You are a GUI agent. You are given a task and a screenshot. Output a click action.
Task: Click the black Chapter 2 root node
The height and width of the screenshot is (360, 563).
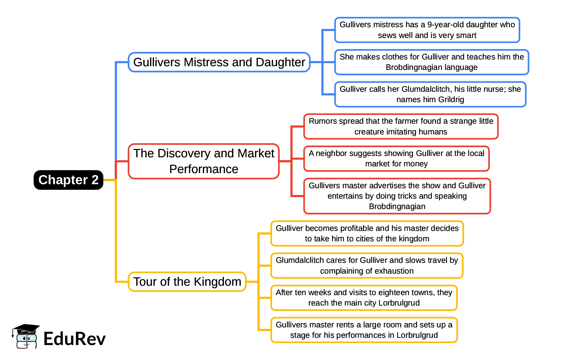coord(68,180)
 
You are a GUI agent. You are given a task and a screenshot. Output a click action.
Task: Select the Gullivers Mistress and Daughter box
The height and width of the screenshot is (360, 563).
coord(219,62)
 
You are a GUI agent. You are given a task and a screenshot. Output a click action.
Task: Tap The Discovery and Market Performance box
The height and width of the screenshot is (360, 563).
coord(203,161)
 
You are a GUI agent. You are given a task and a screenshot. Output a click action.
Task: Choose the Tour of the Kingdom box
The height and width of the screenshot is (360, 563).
coord(187,282)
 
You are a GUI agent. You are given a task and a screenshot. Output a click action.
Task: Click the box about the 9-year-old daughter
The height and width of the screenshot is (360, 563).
coord(427,30)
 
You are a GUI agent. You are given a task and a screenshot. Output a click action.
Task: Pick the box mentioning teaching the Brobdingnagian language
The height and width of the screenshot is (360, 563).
coord(431,62)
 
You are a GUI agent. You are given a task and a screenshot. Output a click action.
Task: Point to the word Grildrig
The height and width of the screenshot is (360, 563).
coord(451,99)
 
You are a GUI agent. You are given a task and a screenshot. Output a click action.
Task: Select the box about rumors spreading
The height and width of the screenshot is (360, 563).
coord(401,126)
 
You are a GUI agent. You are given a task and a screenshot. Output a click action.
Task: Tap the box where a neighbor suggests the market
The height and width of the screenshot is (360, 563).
coord(396,159)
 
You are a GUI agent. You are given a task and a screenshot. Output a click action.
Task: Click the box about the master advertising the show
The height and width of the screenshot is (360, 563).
coord(397,196)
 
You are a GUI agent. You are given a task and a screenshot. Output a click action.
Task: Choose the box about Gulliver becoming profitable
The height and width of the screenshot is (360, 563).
coord(367,234)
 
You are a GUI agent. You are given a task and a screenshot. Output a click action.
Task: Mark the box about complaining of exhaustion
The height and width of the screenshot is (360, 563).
coord(367,266)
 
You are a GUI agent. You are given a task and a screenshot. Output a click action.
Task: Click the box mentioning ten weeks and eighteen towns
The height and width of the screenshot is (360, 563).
coord(364,298)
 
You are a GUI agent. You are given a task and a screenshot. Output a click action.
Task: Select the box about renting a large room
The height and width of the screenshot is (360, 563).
coord(364,330)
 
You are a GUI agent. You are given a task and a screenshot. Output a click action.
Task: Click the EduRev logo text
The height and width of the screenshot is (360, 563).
coord(74,339)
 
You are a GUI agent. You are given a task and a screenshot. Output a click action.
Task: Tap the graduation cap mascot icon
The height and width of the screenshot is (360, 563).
coord(26,336)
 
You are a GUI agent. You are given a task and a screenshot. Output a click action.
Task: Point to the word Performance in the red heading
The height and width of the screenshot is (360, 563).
coord(203,169)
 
